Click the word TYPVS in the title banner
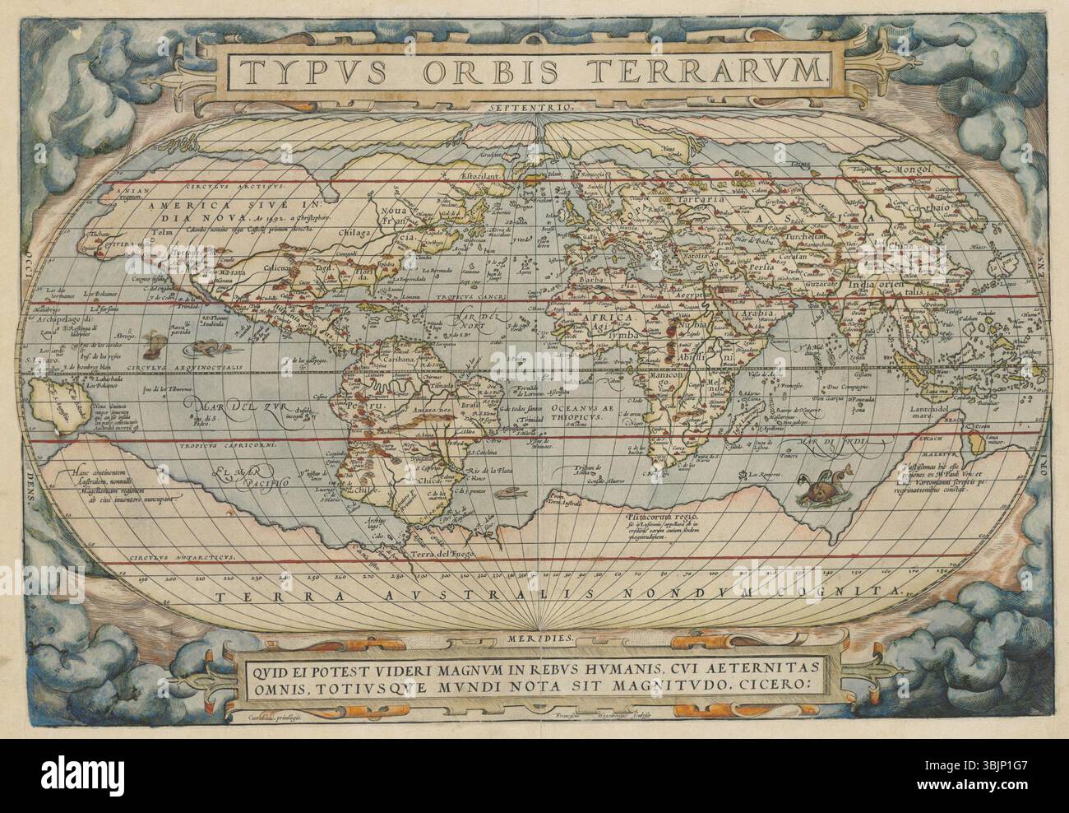pos(308,71)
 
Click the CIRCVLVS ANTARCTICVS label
pos(184,557)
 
